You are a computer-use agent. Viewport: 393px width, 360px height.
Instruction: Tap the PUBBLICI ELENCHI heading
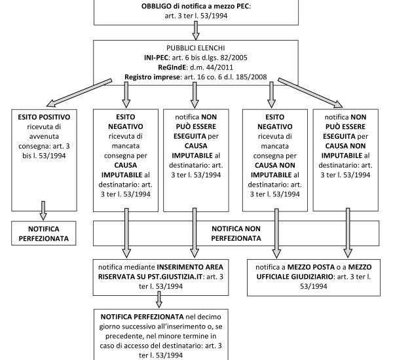196,48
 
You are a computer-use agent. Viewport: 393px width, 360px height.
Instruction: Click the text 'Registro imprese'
152,77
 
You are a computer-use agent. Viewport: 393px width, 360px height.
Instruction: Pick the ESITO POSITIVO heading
44,117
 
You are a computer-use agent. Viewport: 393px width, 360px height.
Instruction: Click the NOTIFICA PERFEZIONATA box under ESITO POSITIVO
44,233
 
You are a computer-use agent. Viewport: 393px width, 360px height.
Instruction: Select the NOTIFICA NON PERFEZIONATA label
236,233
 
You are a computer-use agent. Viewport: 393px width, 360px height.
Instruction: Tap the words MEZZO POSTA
310,267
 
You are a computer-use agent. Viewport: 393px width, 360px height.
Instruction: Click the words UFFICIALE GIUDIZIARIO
295,277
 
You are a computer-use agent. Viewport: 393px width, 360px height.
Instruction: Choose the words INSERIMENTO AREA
190,267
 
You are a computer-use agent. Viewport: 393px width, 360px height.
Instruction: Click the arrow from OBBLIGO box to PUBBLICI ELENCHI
196,30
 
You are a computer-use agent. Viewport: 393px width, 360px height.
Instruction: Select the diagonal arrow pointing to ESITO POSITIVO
79,93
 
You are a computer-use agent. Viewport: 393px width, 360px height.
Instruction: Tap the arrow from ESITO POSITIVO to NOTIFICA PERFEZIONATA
43,211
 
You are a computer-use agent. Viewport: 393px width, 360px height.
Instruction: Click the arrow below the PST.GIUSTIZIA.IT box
159,299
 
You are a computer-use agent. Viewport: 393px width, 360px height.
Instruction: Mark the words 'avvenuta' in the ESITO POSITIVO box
44,136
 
